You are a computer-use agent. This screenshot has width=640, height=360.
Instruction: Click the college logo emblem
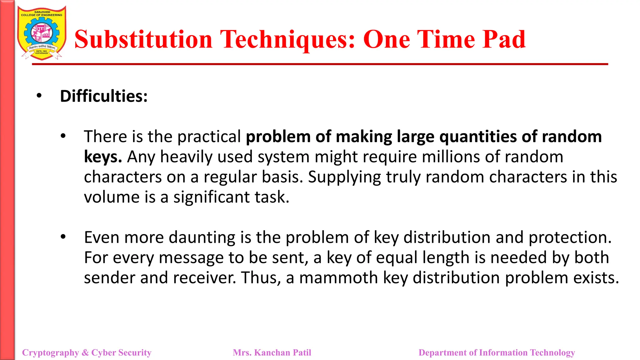click(42, 33)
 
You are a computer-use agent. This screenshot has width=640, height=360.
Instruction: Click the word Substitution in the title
click(143, 39)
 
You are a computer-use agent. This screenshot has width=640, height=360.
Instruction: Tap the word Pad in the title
click(504, 39)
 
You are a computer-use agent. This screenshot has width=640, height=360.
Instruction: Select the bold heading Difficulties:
click(104, 96)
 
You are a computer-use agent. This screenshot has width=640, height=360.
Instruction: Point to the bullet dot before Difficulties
click(39, 95)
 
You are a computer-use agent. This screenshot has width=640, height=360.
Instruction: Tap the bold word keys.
click(102, 157)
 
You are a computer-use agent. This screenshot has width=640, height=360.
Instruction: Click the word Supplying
click(344, 177)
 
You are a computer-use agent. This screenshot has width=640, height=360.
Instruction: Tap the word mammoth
click(338, 277)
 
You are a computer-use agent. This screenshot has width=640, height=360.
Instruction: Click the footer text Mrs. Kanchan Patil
click(272, 352)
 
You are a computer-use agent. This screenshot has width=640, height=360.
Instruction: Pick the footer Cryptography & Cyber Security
click(87, 352)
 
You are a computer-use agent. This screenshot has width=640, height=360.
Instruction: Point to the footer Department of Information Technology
click(497, 352)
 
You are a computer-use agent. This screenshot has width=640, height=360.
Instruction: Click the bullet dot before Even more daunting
click(63, 237)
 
